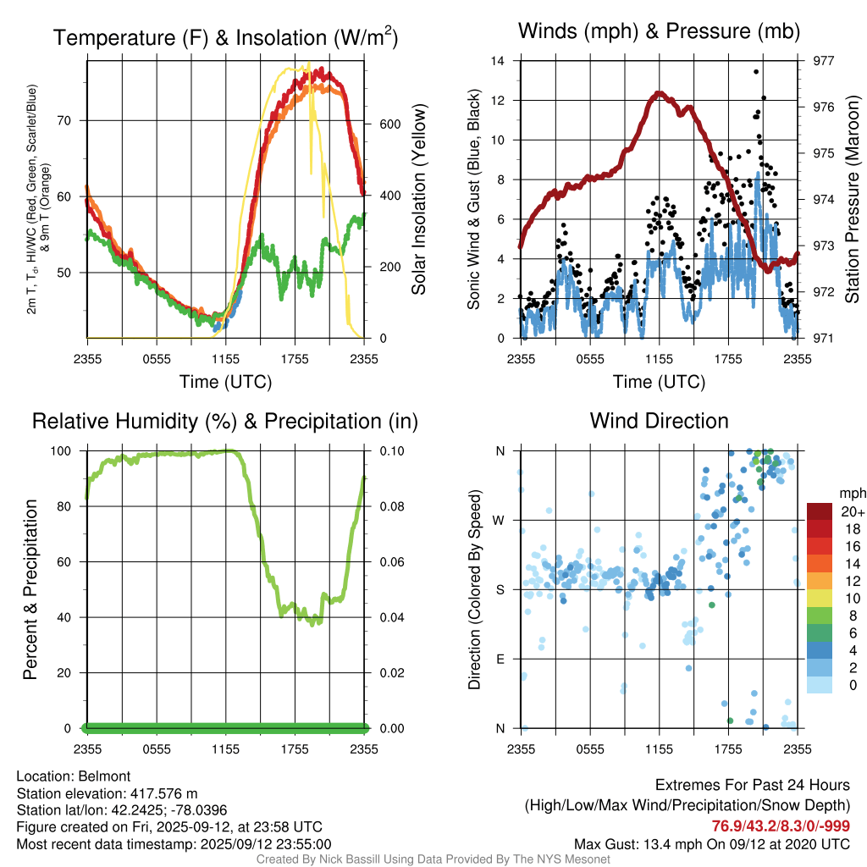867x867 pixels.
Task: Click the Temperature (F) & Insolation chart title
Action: tap(225, 37)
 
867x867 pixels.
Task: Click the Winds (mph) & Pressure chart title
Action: tap(660, 31)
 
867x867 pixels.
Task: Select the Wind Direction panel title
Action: tap(659, 421)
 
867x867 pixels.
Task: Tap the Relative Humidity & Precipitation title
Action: tap(224, 421)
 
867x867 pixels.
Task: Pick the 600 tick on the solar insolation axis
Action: tap(389, 124)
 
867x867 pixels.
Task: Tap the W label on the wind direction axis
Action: tap(501, 520)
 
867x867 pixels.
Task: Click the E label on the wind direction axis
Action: tap(501, 659)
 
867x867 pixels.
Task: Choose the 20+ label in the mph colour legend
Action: tap(851, 511)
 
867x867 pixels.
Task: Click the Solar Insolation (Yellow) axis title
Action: tap(418, 200)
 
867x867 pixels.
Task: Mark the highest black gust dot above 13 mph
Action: tap(755, 72)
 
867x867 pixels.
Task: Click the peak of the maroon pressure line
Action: tap(656, 94)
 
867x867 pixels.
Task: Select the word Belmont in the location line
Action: tap(106, 776)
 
